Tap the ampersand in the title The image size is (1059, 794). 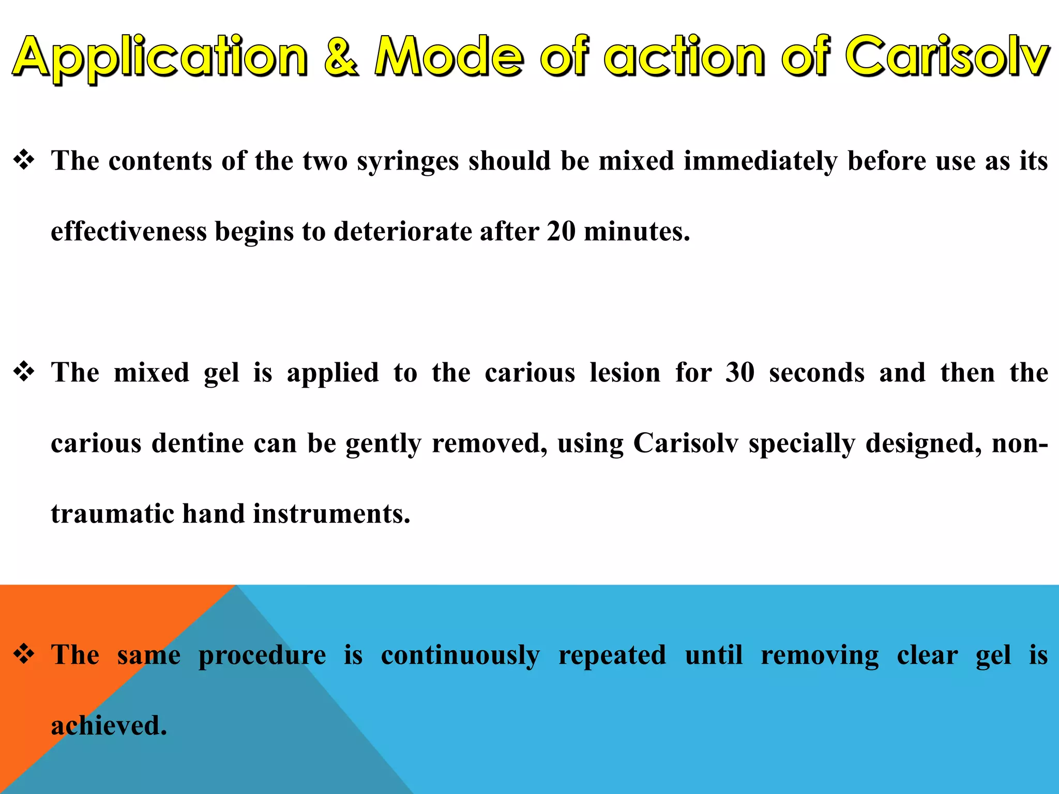tap(341, 56)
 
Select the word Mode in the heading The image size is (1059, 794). tap(449, 56)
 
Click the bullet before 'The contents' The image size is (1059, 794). tap(24, 160)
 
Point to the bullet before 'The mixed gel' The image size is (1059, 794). tap(24, 372)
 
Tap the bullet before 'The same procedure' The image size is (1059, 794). tap(24, 654)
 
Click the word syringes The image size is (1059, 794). tap(408, 161)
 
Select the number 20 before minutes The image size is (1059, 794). tap(561, 231)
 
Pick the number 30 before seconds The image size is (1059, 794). tap(740, 373)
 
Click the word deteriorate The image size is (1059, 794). tap(402, 231)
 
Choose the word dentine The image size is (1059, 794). tap(198, 444)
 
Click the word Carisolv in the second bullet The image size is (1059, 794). tap(686, 444)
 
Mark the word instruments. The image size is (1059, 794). tap(331, 514)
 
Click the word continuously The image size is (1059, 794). tap(460, 655)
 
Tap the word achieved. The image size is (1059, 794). tap(109, 725)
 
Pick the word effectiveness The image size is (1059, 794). tap(129, 231)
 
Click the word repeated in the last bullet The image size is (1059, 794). tap(612, 655)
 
